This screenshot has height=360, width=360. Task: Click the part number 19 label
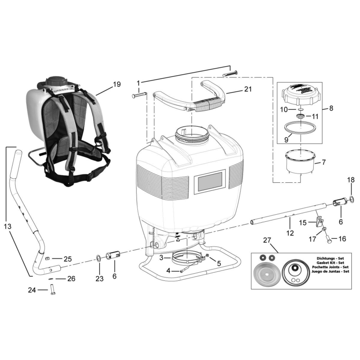point(117,84)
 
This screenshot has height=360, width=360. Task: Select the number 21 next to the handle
point(248,90)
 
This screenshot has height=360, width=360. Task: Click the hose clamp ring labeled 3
point(184,258)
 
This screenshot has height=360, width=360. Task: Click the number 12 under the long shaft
point(290,233)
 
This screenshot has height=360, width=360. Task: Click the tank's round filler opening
point(193,132)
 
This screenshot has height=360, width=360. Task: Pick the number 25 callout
point(67,259)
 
